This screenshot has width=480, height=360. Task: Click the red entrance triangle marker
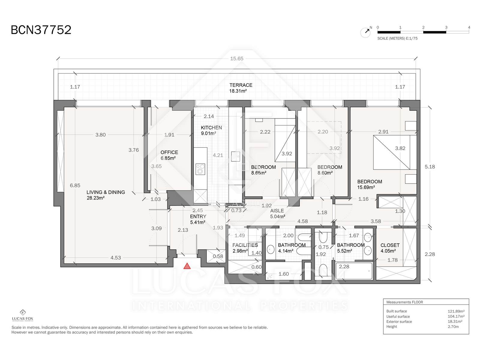(x=187, y=266)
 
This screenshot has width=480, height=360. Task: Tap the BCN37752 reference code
(x=41, y=30)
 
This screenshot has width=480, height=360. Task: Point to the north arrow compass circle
(x=365, y=33)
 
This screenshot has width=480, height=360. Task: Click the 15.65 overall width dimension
(x=237, y=58)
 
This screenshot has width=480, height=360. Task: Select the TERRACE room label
(x=241, y=85)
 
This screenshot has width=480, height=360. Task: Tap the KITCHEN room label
(x=211, y=128)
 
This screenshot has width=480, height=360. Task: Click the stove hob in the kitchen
(x=200, y=169)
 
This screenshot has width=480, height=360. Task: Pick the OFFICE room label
(x=169, y=152)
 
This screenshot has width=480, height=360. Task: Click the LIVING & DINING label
(x=106, y=192)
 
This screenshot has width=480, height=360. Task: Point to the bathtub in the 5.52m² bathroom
(x=354, y=271)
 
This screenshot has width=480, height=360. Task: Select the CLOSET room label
(x=390, y=245)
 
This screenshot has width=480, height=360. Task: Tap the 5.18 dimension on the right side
(x=430, y=167)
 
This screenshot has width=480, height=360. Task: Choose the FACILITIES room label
(x=245, y=245)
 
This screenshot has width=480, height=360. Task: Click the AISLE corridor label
(x=277, y=211)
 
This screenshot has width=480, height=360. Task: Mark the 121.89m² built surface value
(x=456, y=311)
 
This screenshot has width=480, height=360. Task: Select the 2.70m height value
(x=453, y=327)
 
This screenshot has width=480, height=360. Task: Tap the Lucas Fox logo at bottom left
(x=23, y=316)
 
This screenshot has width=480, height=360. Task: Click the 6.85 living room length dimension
(x=75, y=185)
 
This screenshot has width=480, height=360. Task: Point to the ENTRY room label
(x=198, y=216)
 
